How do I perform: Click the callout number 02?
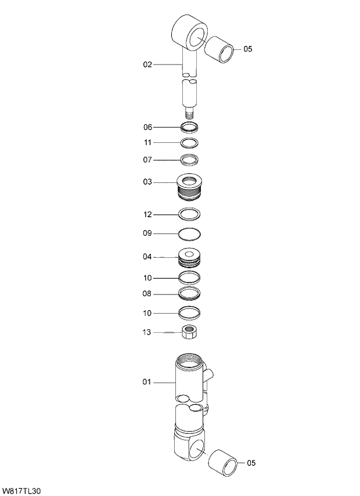tap(147, 64)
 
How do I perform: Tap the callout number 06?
tap(147, 127)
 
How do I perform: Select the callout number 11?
tap(147, 143)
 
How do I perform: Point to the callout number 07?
tap(147, 160)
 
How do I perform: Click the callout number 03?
tap(147, 182)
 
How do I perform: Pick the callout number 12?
tap(147, 215)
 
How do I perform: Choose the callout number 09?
tap(147, 233)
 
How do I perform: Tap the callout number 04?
tap(147, 257)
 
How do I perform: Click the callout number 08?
tap(147, 294)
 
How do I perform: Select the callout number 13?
tap(147, 333)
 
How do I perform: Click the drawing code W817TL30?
tap(21, 491)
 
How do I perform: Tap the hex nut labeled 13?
tap(190, 333)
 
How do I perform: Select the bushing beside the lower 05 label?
tap(223, 462)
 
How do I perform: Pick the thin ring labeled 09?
tap(190, 234)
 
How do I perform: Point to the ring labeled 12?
tap(190, 215)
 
